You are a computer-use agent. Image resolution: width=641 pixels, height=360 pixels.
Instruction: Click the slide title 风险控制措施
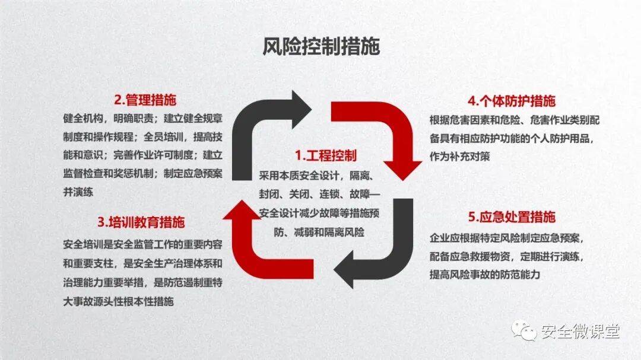point(320,46)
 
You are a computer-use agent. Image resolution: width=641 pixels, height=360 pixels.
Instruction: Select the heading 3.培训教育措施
point(141,222)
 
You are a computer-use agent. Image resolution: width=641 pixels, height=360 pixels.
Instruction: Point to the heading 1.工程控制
point(326,156)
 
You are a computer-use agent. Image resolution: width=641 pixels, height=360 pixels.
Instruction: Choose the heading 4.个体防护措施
point(512,100)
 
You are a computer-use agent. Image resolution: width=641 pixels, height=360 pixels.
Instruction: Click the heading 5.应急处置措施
point(512,217)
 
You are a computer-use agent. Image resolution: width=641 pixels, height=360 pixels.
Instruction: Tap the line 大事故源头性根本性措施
point(118,301)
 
